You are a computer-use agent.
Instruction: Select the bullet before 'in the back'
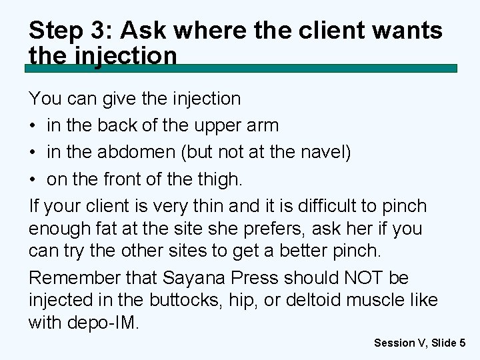point(33,125)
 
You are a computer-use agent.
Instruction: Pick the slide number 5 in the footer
point(462,343)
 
